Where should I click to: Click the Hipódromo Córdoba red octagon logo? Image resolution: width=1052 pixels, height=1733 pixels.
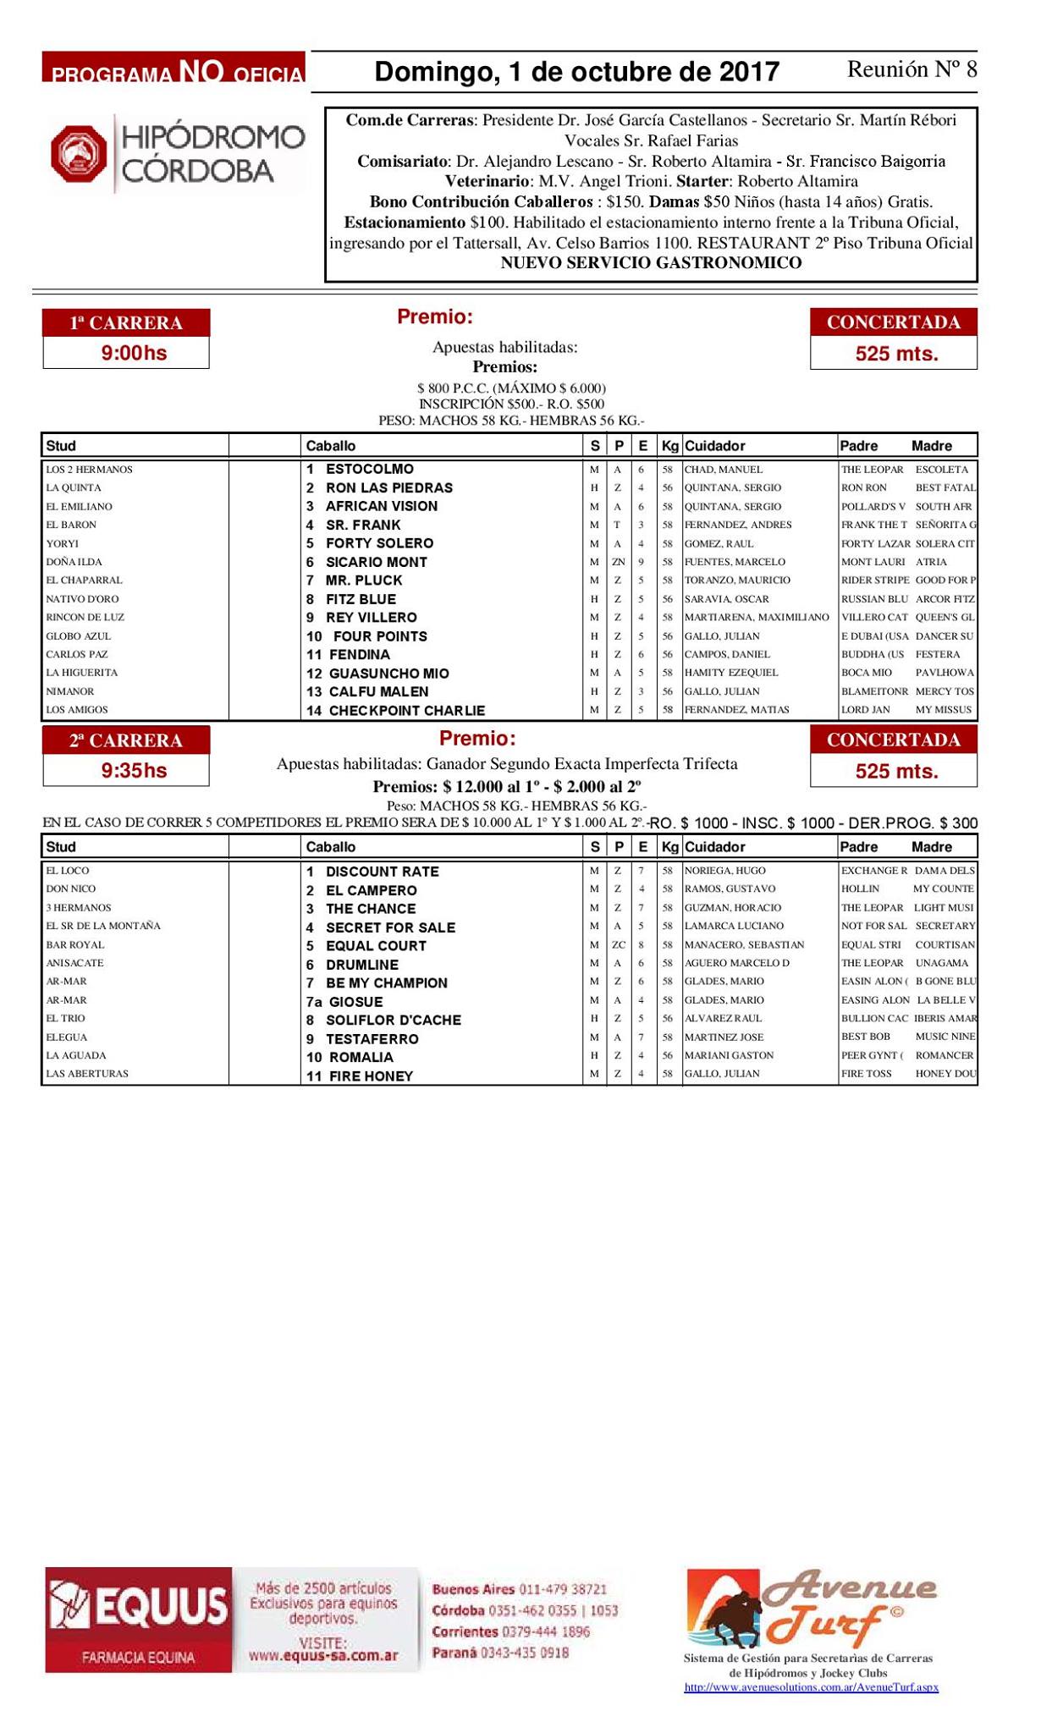[79, 154]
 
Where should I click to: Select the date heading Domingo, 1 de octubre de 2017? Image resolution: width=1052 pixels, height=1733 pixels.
[576, 71]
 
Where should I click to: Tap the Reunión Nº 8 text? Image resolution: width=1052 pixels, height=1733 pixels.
[912, 69]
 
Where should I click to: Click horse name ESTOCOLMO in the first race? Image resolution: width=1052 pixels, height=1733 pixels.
[370, 469]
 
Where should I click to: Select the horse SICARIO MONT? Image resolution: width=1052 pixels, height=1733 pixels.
[377, 562]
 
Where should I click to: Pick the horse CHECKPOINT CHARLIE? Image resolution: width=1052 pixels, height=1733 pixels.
[406, 711]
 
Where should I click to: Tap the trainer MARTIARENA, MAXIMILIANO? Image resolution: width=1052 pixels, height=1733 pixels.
[757, 617]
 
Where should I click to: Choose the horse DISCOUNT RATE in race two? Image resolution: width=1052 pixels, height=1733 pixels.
[383, 872]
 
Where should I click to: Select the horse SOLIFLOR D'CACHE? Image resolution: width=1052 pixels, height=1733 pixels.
[394, 1021]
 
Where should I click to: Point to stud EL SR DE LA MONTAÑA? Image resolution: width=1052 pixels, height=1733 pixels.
[103, 926]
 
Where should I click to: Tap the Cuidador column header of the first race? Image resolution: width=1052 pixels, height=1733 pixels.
[714, 446]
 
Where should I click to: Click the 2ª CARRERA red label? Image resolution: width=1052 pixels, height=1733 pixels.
[126, 740]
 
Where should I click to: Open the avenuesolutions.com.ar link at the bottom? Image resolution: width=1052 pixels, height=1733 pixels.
[811, 1687]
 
